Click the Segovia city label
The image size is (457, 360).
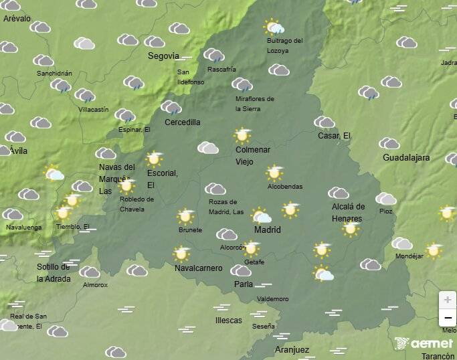(163, 56)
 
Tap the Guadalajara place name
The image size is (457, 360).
(405, 158)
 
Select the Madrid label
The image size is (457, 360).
(268, 230)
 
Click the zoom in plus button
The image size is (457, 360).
(447, 300)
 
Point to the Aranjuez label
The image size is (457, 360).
(292, 349)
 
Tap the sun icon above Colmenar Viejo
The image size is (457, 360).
(242, 136)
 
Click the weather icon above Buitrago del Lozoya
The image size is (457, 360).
(274, 27)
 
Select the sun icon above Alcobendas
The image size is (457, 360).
(274, 173)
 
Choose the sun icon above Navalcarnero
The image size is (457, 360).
(181, 254)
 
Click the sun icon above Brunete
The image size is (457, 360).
(185, 216)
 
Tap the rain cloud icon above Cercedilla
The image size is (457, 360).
(171, 107)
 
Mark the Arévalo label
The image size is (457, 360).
(17, 19)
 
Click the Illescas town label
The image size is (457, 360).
(229, 321)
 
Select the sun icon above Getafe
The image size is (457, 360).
(251, 248)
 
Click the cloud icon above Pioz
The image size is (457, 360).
(385, 199)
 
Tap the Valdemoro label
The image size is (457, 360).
(272, 298)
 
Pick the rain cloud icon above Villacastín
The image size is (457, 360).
(85, 95)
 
